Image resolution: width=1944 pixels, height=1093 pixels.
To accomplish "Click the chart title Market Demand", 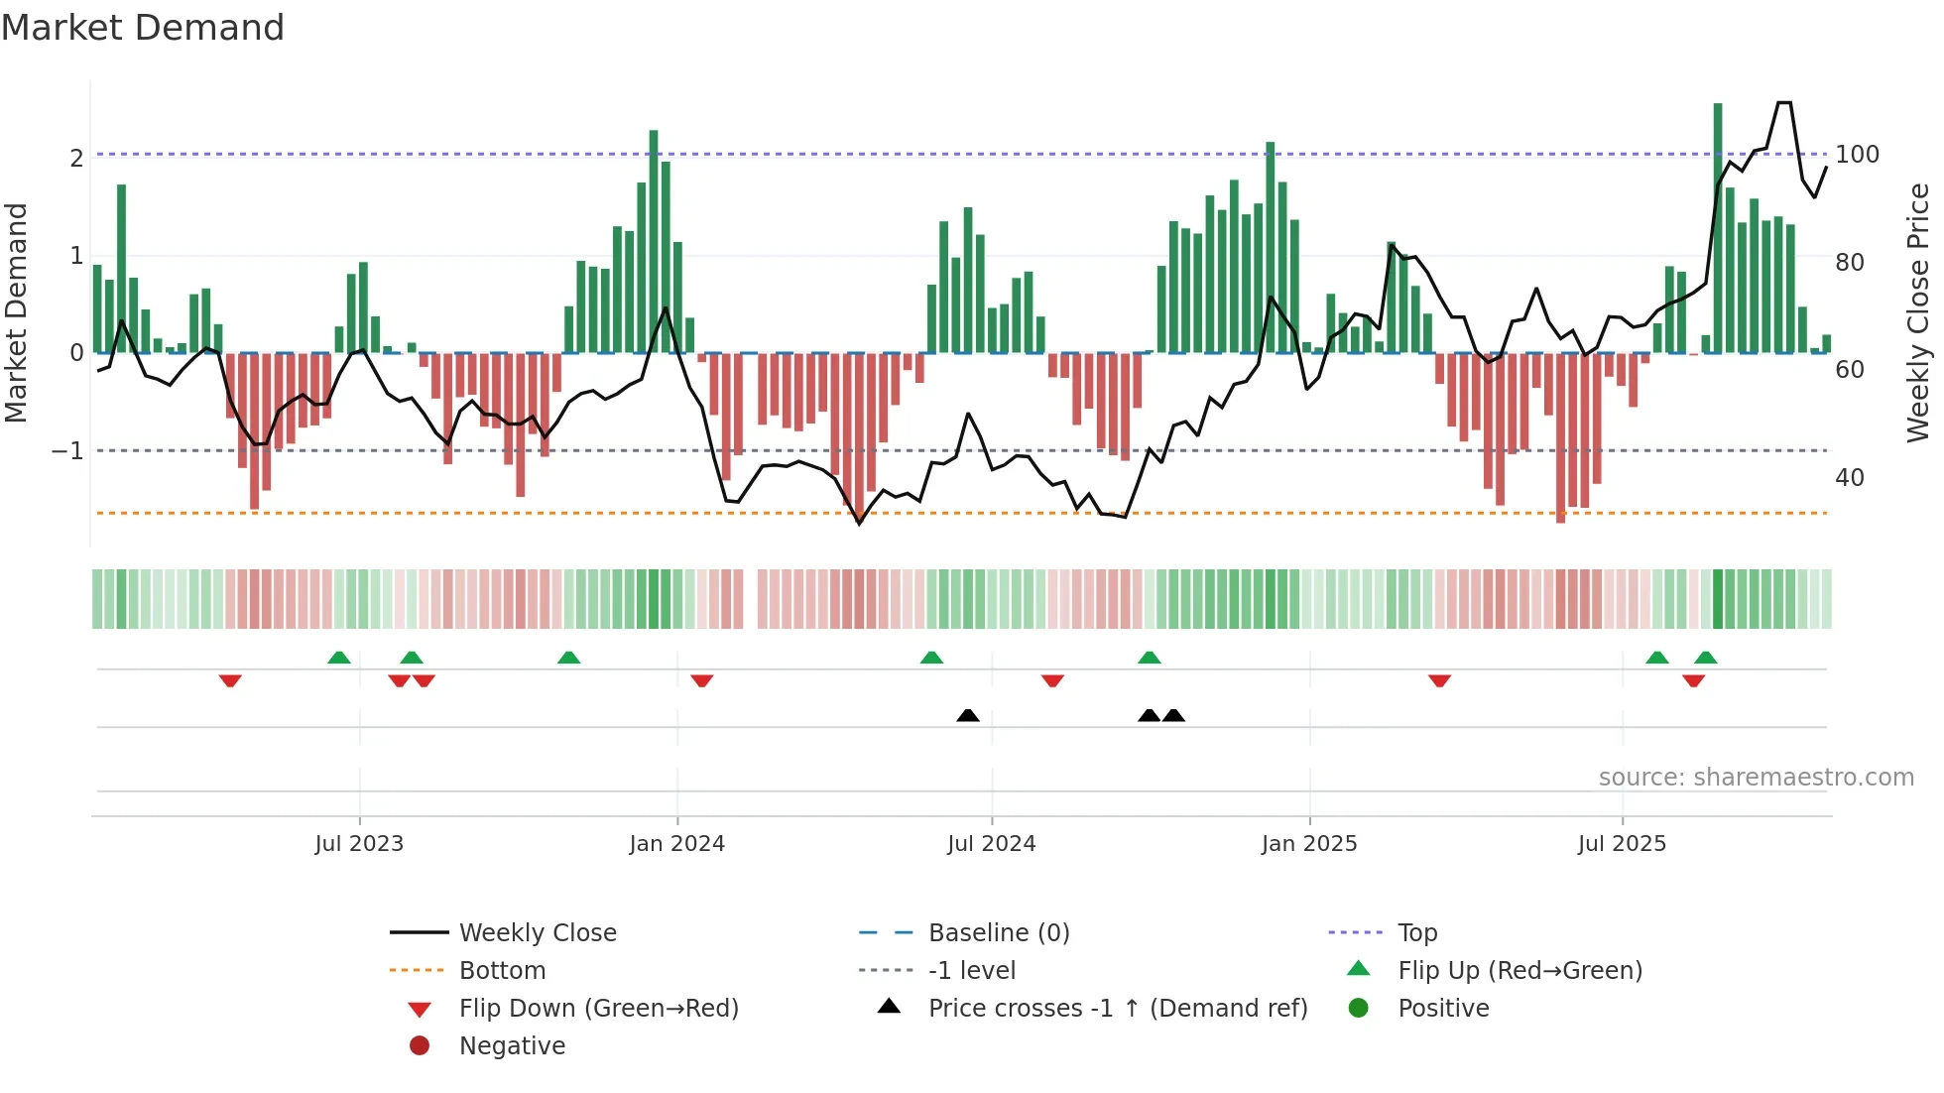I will click(x=143, y=28).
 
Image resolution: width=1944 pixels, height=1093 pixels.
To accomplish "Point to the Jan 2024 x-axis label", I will click(x=676, y=844).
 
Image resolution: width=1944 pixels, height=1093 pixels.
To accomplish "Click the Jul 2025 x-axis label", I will click(x=1622, y=844).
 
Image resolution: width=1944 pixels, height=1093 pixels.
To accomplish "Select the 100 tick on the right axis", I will click(x=1857, y=155).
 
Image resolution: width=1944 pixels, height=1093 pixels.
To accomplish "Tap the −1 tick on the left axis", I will click(x=67, y=451).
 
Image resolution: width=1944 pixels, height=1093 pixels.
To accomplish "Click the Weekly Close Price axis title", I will click(x=1918, y=312).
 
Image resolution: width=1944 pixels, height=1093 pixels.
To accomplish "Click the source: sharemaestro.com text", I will click(x=1756, y=778).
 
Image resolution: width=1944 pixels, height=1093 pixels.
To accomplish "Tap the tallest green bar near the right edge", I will click(x=1718, y=228).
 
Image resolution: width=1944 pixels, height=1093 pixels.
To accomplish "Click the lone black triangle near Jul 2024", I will click(x=968, y=715).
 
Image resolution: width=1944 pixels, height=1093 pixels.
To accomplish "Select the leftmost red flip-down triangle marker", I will click(x=230, y=680).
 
